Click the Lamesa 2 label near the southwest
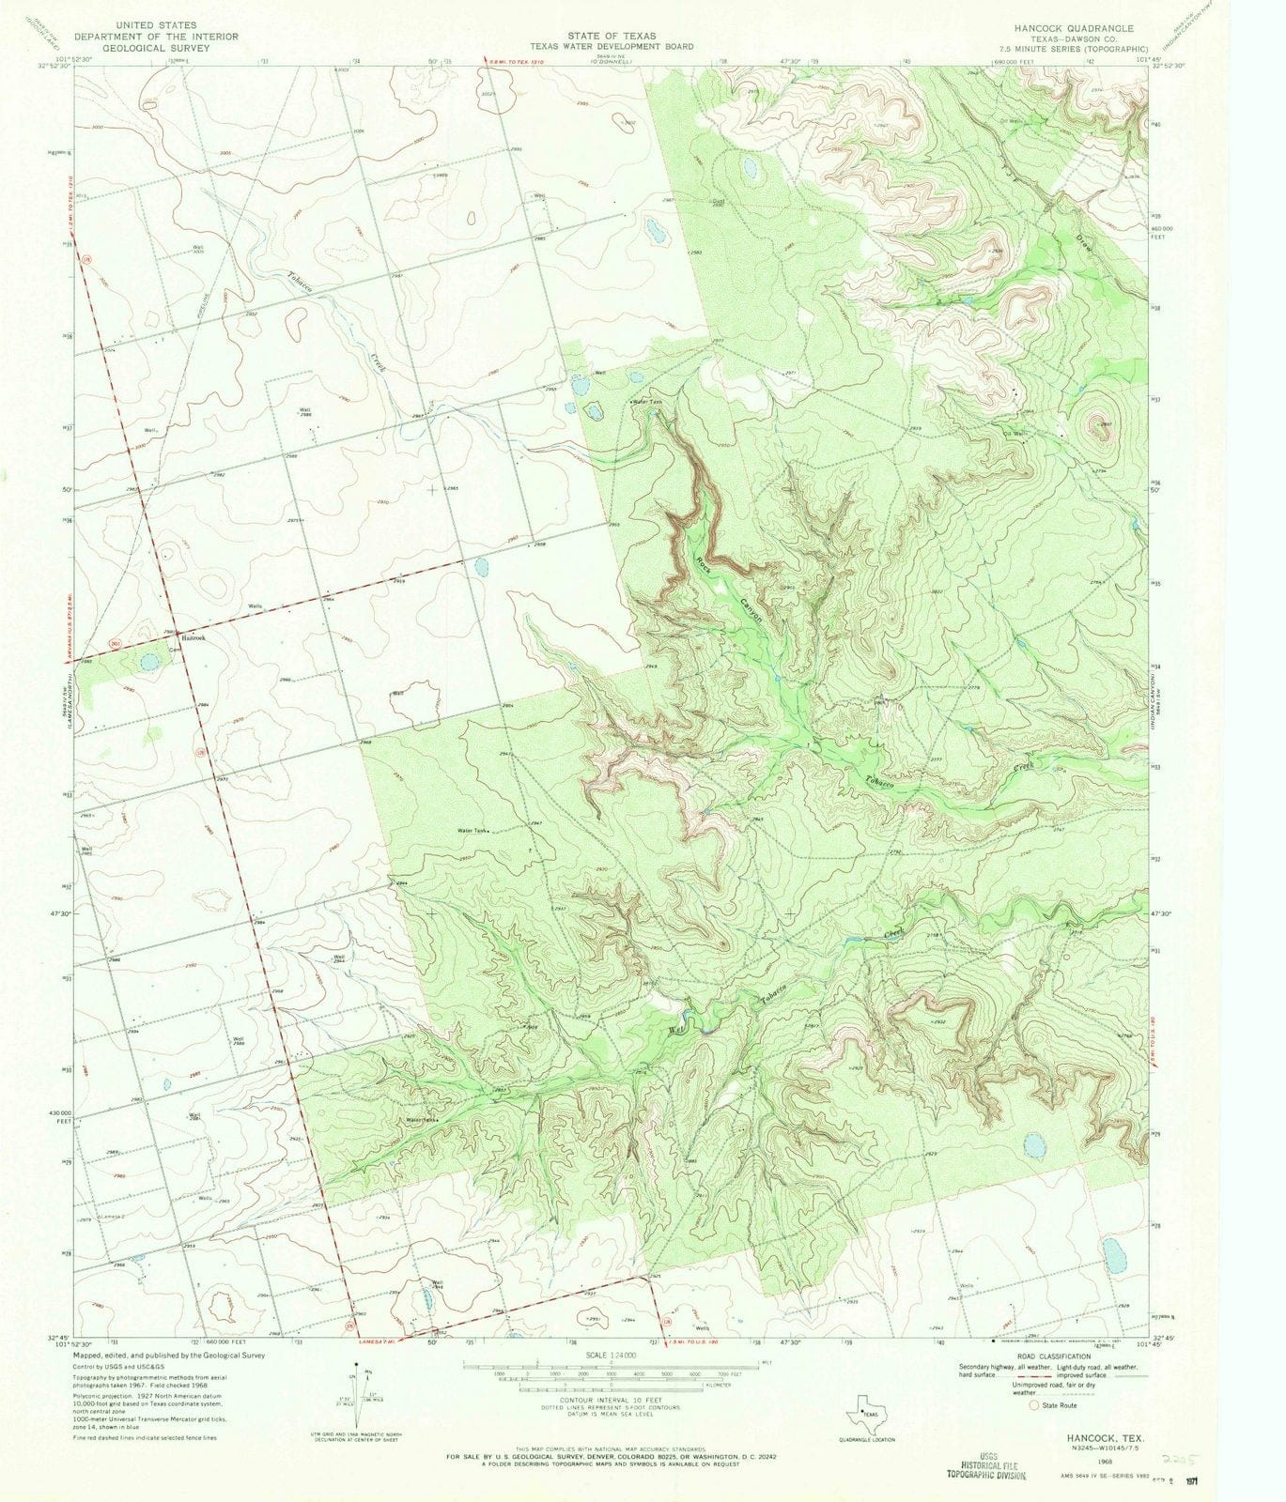pyautogui.click(x=111, y=1218)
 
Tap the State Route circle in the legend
pyautogui.click(x=1035, y=1405)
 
